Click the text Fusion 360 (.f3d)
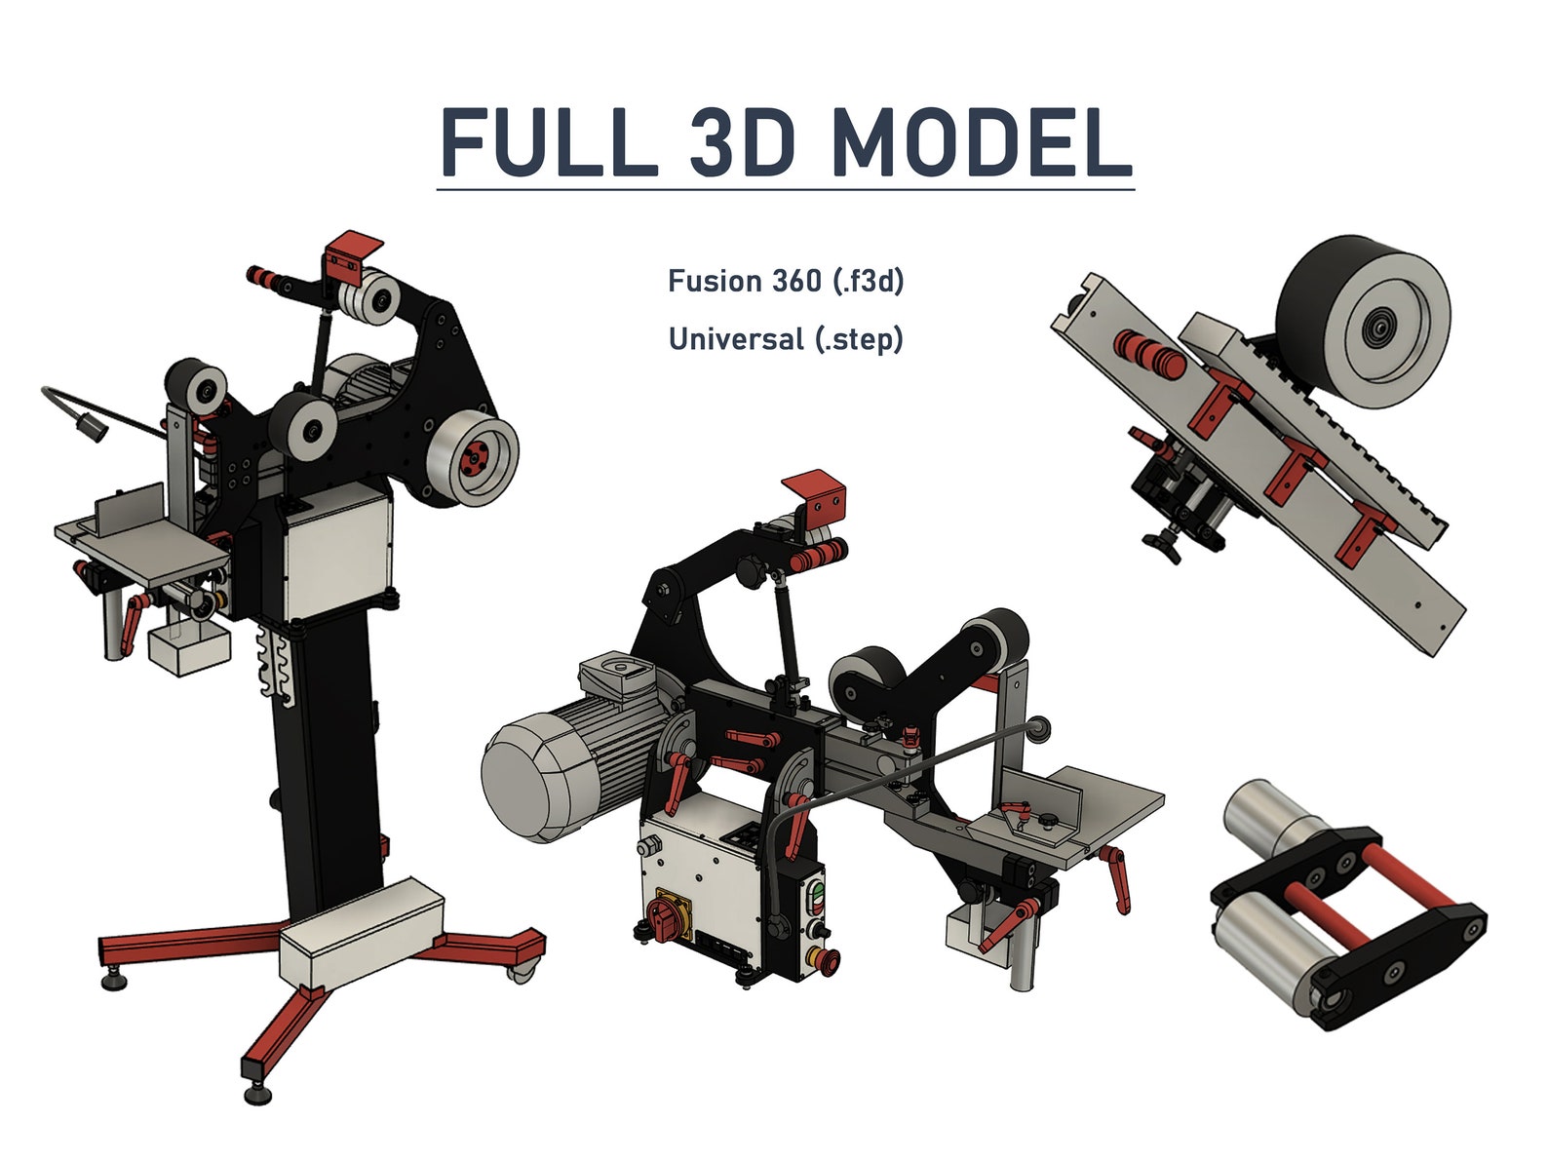point(786,281)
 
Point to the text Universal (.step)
point(786,339)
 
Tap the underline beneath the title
point(785,188)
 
